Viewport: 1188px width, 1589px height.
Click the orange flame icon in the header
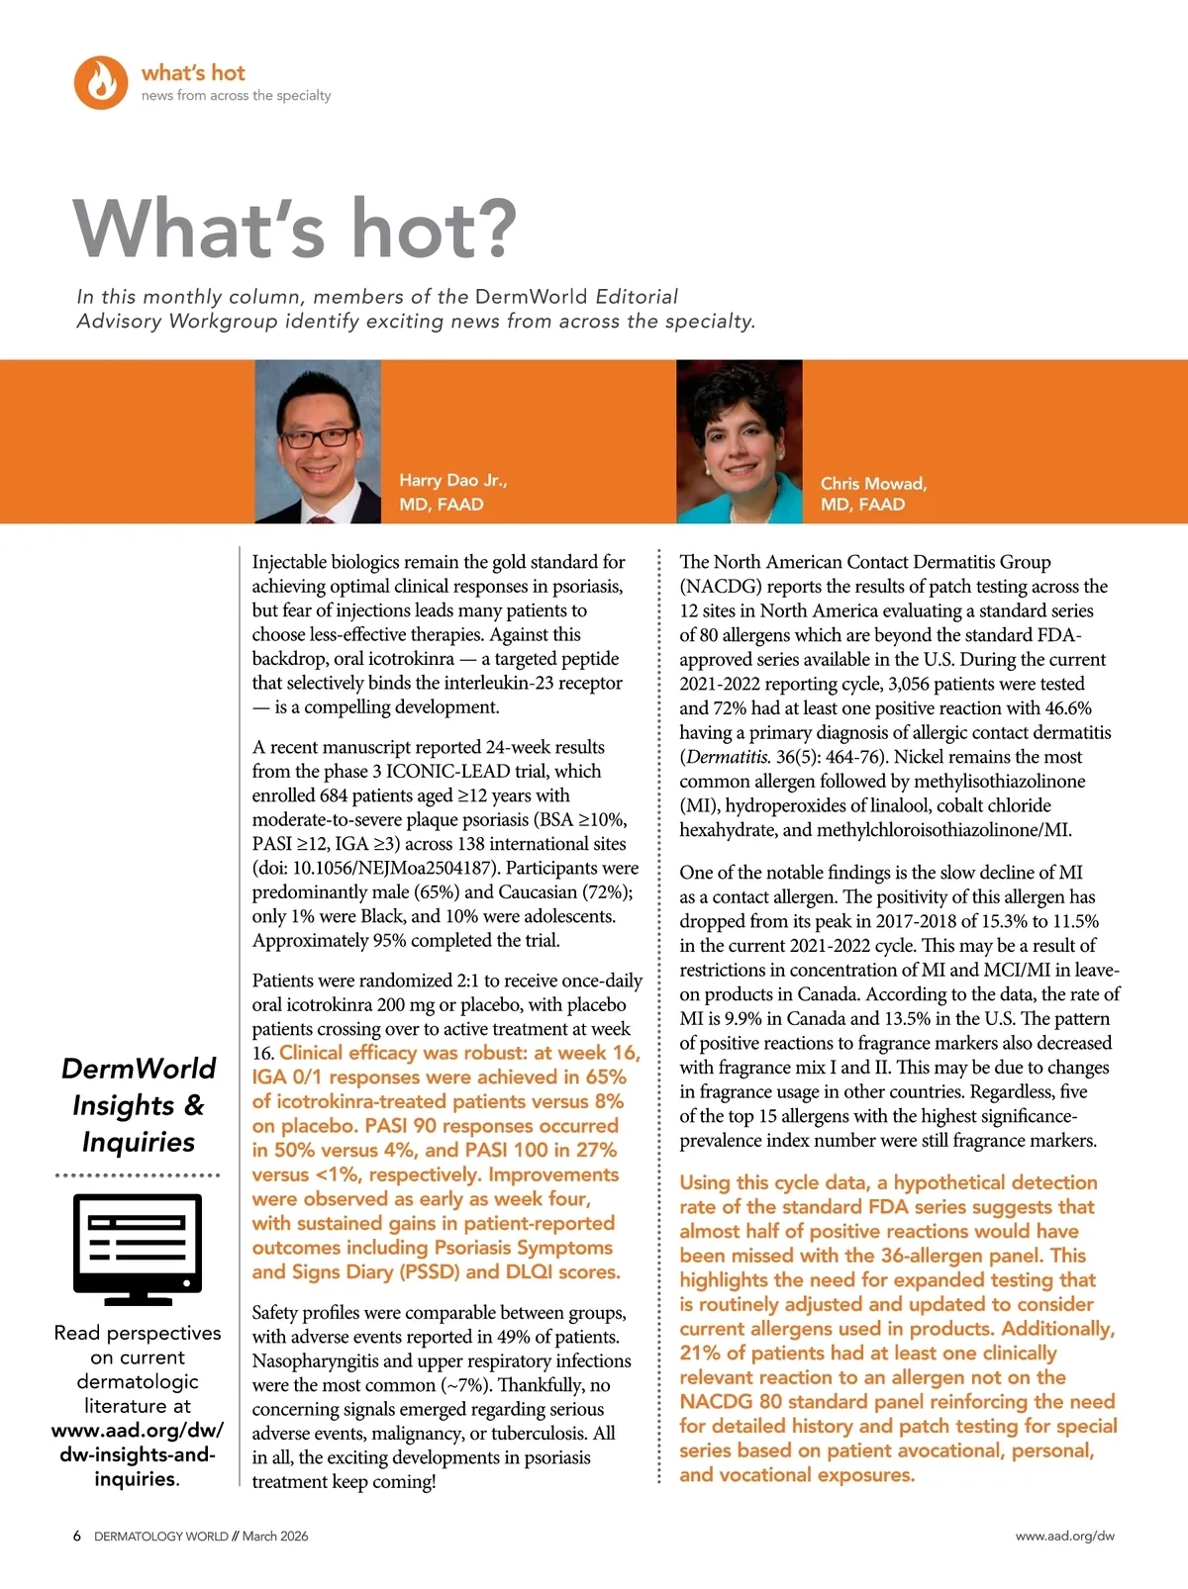pyautogui.click(x=101, y=82)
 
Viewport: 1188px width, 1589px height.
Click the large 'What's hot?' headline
pyautogui.click(x=295, y=229)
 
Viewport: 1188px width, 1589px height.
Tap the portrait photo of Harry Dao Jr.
pyautogui.click(x=318, y=441)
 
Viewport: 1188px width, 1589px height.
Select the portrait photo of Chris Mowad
pyautogui.click(x=739, y=441)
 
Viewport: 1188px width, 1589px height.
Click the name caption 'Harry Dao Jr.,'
pyautogui.click(x=452, y=480)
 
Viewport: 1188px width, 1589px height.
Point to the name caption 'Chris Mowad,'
pyautogui.click(x=873, y=483)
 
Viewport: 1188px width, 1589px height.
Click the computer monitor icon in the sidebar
pyautogui.click(x=138, y=1249)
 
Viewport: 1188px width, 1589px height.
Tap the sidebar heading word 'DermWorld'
pyautogui.click(x=139, y=1069)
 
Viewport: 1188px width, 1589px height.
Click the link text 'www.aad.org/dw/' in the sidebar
pyautogui.click(x=138, y=1430)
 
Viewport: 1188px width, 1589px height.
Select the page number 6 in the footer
pyautogui.click(x=77, y=1536)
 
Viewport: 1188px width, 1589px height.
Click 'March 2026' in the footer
pyautogui.click(x=275, y=1536)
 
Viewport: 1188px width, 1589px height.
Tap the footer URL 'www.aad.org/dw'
pyautogui.click(x=1064, y=1536)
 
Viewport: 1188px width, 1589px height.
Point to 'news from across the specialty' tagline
pyautogui.click(x=236, y=96)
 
